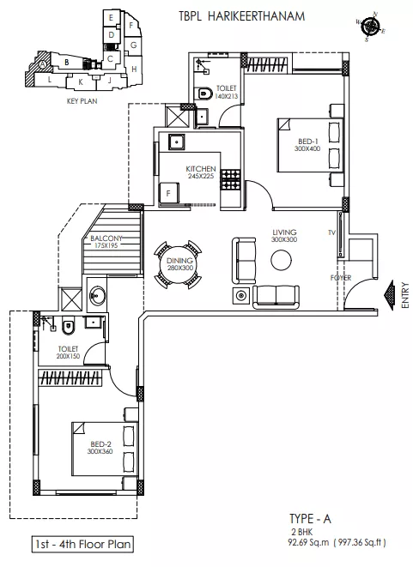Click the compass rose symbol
pyautogui.click(x=370, y=26)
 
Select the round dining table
pyautogui.click(x=179, y=264)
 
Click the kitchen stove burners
pyautogui.click(x=231, y=180)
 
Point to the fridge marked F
pyautogui.click(x=169, y=194)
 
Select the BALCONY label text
pyautogui.click(x=106, y=238)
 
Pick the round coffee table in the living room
pyautogui.click(x=282, y=260)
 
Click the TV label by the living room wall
pyautogui.click(x=331, y=232)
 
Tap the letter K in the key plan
pyautogui.click(x=81, y=82)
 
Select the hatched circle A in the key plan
pyautogui.click(x=43, y=64)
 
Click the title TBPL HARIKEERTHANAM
pyautogui.click(x=242, y=16)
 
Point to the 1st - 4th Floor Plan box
pyautogui.click(x=82, y=544)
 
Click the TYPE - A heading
pyautogui.click(x=310, y=519)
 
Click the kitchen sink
pyautogui.click(x=177, y=142)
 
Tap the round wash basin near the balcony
pyautogui.click(x=97, y=295)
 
